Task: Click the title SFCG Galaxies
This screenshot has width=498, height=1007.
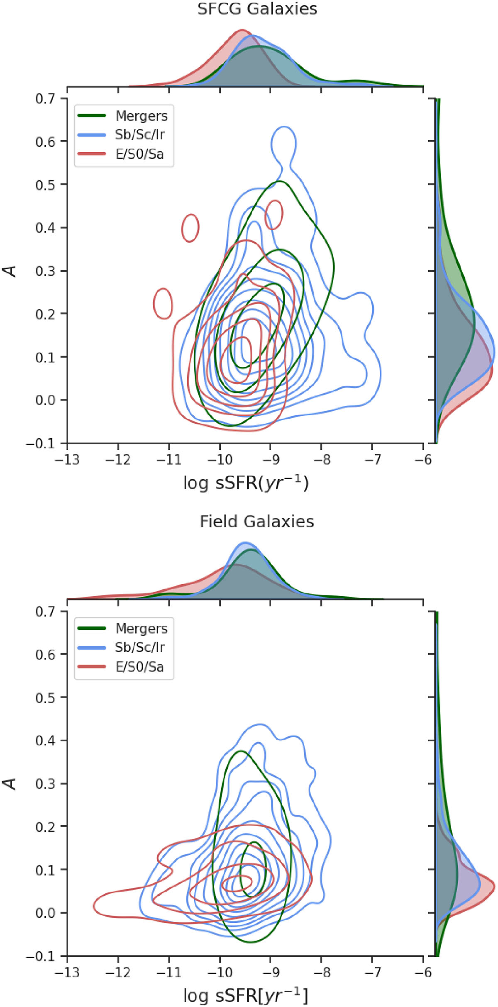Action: pyautogui.click(x=257, y=9)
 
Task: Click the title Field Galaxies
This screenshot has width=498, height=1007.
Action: pyautogui.click(x=257, y=522)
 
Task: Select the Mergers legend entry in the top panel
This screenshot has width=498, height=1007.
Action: pyautogui.click(x=141, y=116)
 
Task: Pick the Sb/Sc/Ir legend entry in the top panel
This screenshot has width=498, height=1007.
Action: pyautogui.click(x=139, y=135)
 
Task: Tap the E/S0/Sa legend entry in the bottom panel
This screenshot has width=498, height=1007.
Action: pyautogui.click(x=139, y=667)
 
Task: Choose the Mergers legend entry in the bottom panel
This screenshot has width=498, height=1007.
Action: pyautogui.click(x=141, y=629)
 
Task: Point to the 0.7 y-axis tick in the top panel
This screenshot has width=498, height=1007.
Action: pyautogui.click(x=45, y=99)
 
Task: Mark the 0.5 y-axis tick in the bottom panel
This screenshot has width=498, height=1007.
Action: pyautogui.click(x=45, y=697)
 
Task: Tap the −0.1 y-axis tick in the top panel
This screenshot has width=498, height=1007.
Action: pyautogui.click(x=41, y=444)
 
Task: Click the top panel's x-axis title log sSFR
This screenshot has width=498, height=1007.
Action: pyautogui.click(x=246, y=483)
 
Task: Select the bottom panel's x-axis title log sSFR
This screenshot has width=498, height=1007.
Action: pyautogui.click(x=246, y=996)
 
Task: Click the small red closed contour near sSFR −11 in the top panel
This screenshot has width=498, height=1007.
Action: pyautogui.click(x=163, y=303)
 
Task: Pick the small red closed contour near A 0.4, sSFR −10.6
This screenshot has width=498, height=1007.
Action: pyautogui.click(x=190, y=228)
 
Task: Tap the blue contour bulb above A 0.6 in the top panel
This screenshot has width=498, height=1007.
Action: pyautogui.click(x=283, y=142)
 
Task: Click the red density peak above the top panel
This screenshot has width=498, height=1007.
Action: pyautogui.click(x=242, y=30)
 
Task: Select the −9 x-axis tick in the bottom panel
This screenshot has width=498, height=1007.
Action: pyautogui.click(x=270, y=972)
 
